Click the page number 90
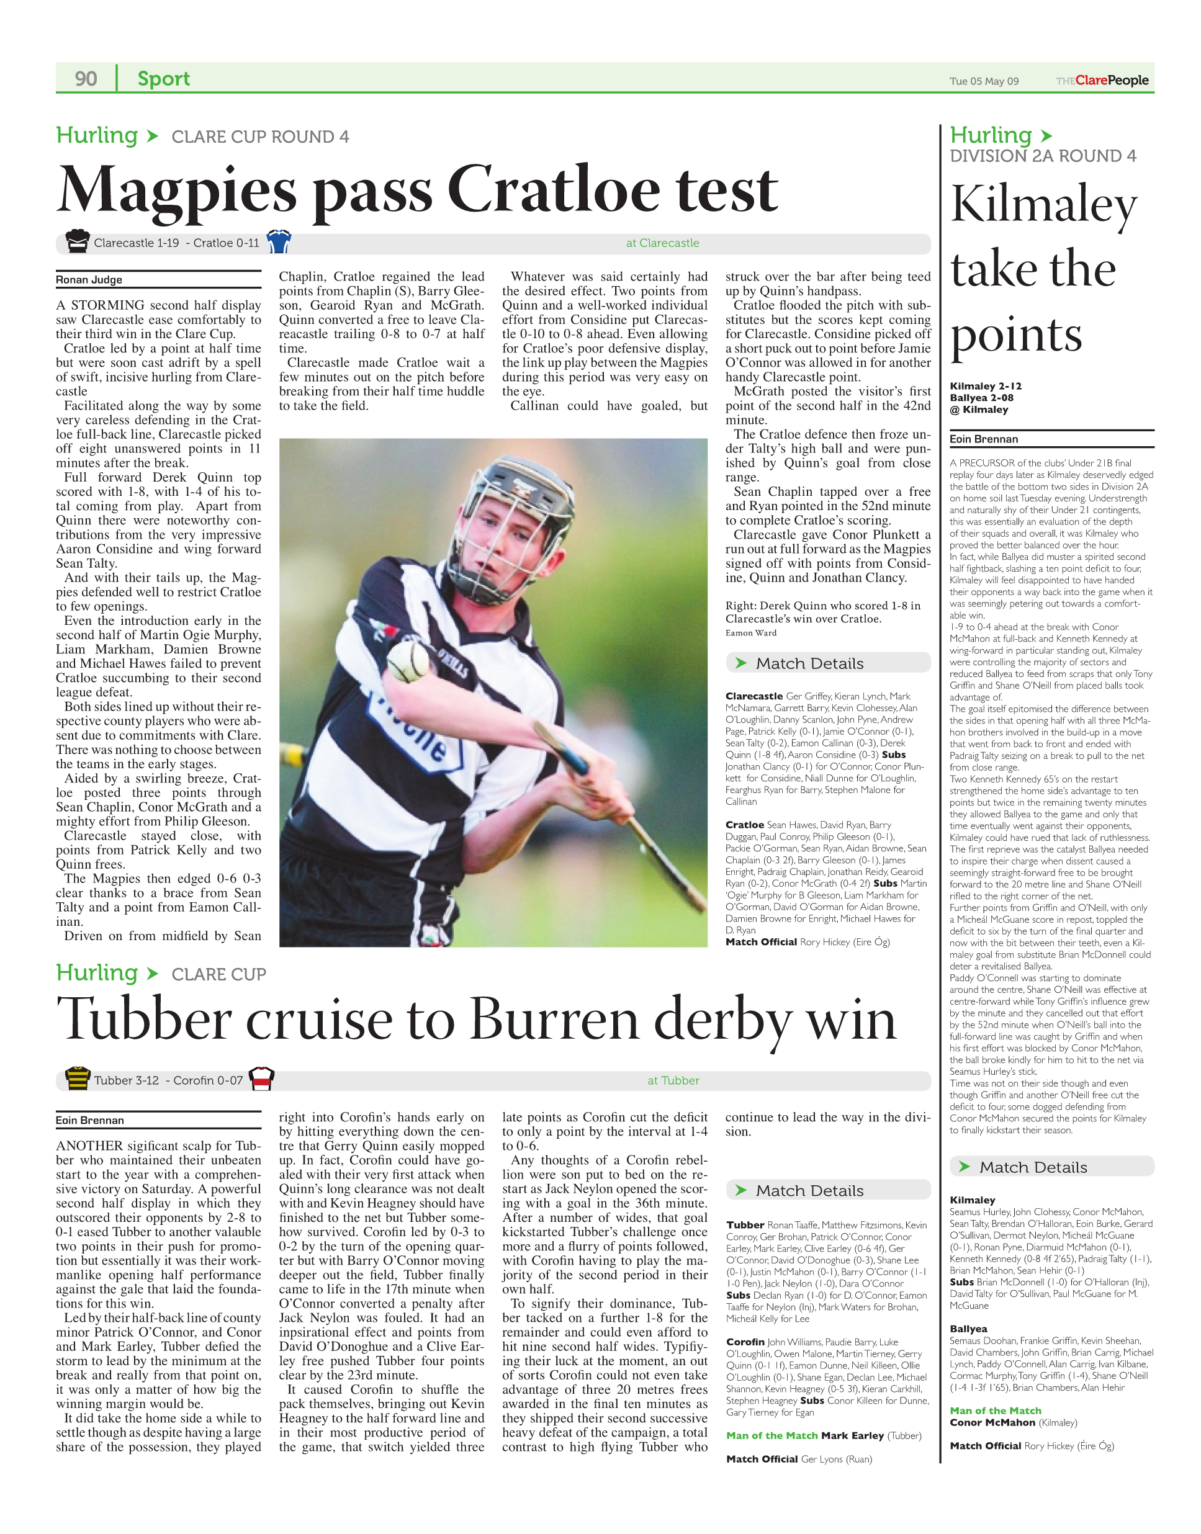(86, 78)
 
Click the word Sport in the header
(163, 78)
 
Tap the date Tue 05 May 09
(984, 81)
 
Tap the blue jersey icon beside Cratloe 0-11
(279, 241)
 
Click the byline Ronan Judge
(89, 279)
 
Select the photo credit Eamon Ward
(751, 633)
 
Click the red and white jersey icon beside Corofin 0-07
(261, 1079)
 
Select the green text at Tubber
(673, 1080)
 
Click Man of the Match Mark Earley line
(822, 1435)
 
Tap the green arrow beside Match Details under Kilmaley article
(964, 1167)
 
